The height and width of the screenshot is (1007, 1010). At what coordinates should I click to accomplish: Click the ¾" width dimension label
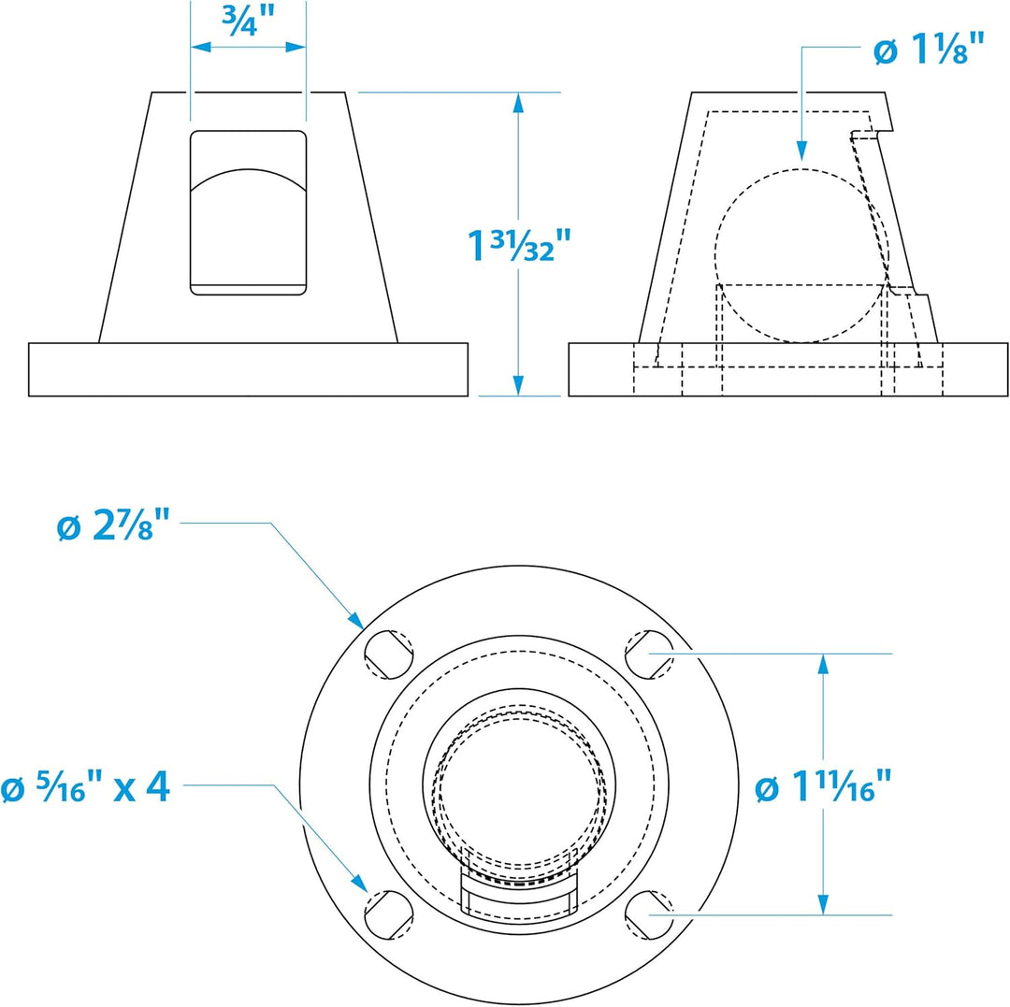point(248,21)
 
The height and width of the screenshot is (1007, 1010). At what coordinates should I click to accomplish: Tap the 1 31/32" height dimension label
point(519,245)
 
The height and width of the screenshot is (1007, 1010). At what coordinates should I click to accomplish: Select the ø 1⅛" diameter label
point(929,49)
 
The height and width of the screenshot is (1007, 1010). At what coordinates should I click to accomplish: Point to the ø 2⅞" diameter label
point(113,525)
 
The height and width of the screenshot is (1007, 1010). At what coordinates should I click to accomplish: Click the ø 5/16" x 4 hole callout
point(86,786)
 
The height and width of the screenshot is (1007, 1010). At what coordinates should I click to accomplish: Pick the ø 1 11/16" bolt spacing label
point(823,786)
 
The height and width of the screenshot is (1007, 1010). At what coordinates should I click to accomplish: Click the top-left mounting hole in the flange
point(388,655)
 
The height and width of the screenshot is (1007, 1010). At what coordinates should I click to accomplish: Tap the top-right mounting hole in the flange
point(649,655)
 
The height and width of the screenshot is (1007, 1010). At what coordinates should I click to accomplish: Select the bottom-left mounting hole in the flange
point(388,915)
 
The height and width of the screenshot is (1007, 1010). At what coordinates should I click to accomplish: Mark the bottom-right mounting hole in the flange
point(649,915)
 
